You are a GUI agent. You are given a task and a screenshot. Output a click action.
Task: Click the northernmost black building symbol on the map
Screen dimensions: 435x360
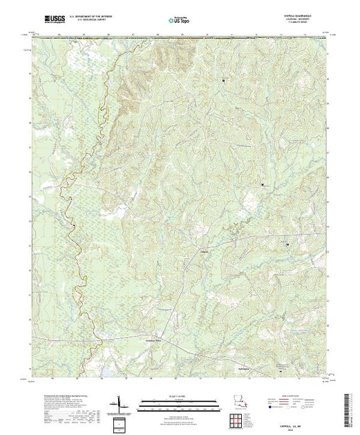click(223, 80)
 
